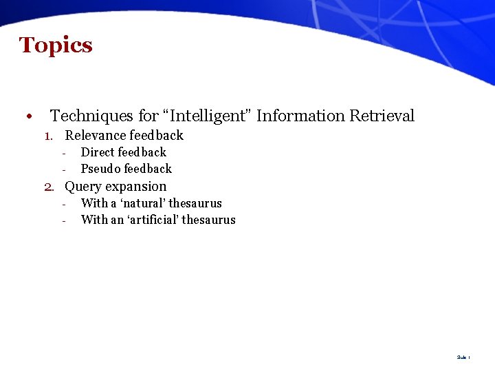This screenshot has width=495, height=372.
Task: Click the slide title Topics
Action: pos(56,45)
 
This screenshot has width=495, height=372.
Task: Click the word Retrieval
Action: pos(382,116)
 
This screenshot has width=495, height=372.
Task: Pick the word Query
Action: pos(82,187)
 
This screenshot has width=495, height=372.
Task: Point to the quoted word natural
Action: pos(142,203)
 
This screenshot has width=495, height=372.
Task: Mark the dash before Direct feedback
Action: pos(63,153)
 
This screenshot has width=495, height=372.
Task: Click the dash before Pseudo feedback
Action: pos(63,169)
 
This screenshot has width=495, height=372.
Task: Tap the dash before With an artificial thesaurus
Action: pos(63,220)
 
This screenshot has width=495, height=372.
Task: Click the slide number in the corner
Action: pos(463,358)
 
